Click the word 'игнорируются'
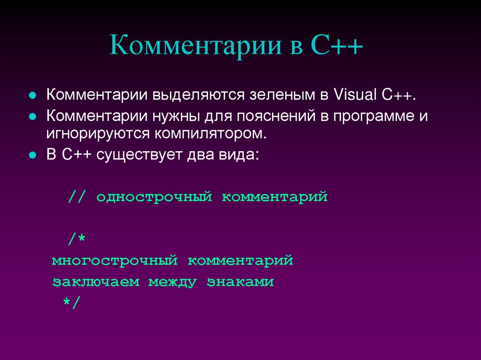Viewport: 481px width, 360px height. [x=97, y=134]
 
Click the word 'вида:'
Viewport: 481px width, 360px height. [x=236, y=155]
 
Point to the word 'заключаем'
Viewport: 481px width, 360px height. [x=96, y=283]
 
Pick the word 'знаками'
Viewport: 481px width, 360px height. [x=240, y=283]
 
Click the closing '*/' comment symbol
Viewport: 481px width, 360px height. [x=72, y=303]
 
